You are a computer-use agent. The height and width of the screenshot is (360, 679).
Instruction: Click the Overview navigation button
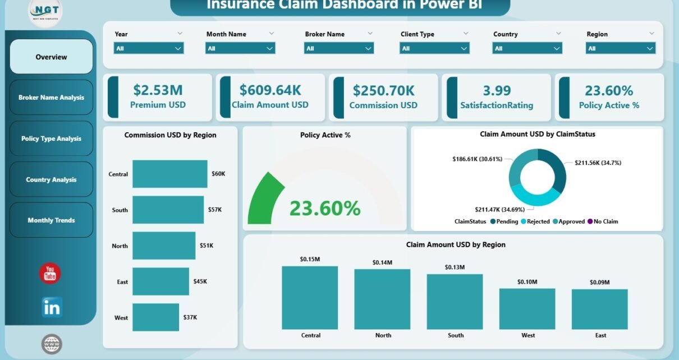tap(51, 57)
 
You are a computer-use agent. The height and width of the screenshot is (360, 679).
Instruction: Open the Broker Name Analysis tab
tap(51, 98)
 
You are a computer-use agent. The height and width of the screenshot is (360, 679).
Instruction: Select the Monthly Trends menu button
tap(51, 220)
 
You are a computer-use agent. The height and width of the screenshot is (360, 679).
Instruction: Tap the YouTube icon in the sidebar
tap(50, 274)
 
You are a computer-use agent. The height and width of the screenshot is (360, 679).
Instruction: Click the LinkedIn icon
tap(52, 307)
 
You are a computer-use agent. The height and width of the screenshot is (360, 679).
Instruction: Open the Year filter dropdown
tap(149, 48)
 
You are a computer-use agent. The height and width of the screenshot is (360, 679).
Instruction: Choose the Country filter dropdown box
tap(527, 48)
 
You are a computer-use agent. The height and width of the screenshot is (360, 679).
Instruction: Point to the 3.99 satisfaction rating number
tap(497, 90)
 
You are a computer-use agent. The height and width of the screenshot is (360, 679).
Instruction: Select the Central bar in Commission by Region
tap(169, 174)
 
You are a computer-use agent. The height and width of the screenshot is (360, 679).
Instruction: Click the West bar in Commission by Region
tap(155, 317)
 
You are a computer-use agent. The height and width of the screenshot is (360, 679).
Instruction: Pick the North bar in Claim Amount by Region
tap(382, 299)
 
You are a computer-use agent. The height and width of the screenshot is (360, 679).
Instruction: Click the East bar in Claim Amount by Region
tap(599, 309)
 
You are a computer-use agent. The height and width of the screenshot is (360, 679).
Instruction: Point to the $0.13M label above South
tap(455, 267)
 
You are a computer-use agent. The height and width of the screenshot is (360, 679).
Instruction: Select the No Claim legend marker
tap(590, 221)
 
